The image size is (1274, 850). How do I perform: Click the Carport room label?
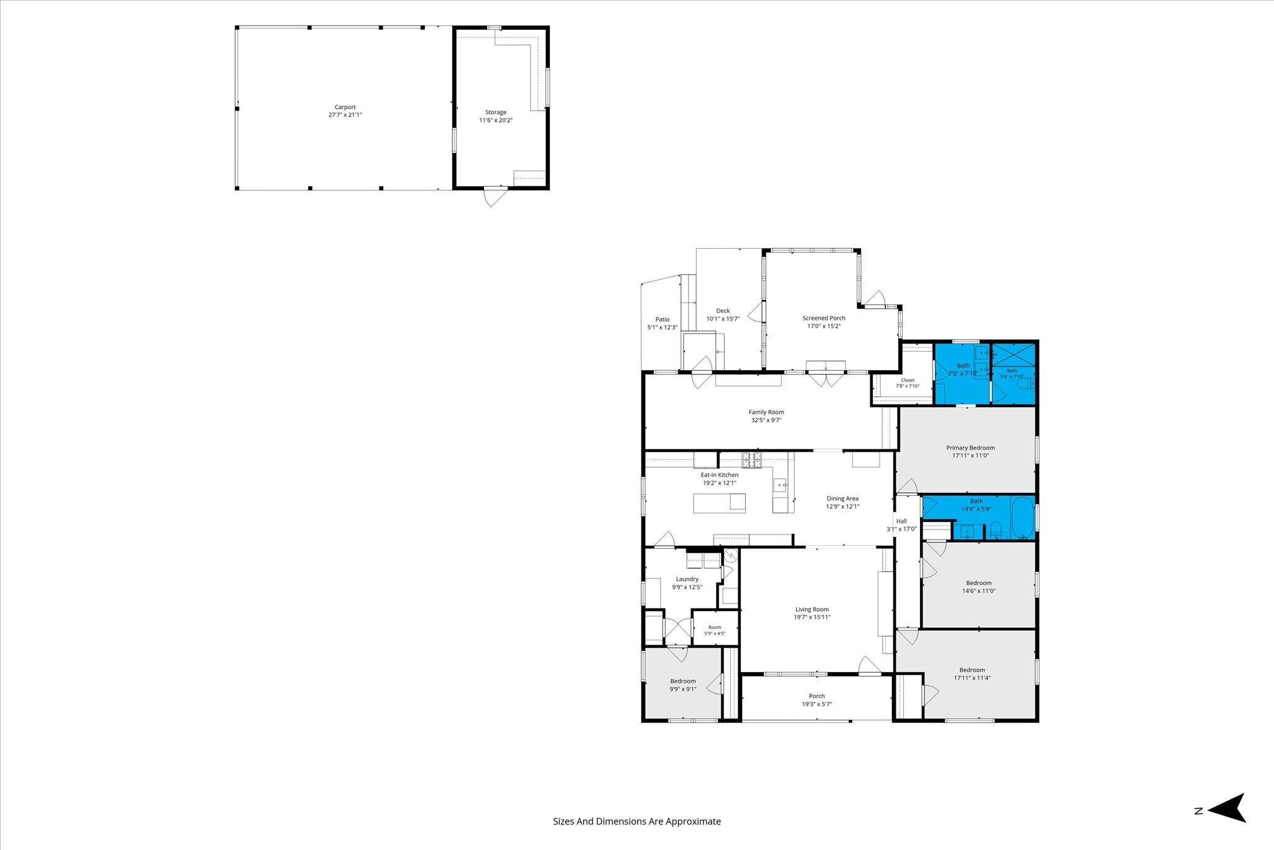(345, 107)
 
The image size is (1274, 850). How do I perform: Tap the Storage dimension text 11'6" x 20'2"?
(496, 120)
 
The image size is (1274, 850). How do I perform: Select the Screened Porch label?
(824, 318)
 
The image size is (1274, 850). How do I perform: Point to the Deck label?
(723, 311)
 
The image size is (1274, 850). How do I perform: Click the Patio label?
(663, 319)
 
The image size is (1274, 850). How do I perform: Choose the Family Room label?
(766, 412)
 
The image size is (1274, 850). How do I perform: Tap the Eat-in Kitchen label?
(720, 475)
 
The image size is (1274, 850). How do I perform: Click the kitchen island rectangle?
(720, 503)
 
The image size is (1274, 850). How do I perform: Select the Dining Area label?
(843, 498)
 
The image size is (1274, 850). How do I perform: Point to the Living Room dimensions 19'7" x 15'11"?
(812, 617)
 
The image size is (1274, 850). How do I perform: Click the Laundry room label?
(687, 579)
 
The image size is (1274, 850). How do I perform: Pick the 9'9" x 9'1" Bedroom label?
(683, 681)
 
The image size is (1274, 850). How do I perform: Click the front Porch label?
(817, 696)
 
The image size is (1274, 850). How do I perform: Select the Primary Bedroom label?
(970, 447)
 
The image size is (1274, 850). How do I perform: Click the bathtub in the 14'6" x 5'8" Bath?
(1023, 518)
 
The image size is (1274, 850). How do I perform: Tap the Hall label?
(901, 521)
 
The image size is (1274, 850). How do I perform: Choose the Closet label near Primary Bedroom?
(908, 380)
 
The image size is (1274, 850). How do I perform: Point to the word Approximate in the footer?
(693, 821)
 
